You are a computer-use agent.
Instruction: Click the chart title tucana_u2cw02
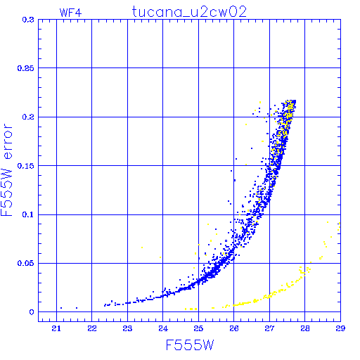coord(189,12)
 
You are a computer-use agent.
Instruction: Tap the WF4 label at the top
coord(71,13)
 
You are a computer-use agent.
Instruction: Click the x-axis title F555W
coord(190,345)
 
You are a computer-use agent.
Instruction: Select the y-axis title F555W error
coord(6,170)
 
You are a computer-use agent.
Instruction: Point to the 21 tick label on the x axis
coord(56,329)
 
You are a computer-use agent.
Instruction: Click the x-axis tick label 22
coord(92,329)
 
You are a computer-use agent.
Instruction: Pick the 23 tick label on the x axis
coord(127,329)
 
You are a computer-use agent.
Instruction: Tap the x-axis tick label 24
coord(163,329)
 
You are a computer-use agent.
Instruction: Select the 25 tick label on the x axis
coord(198,329)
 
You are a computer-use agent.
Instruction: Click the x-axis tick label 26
coord(234,329)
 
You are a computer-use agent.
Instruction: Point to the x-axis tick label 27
coord(269,329)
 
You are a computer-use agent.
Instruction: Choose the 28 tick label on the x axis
coord(305,329)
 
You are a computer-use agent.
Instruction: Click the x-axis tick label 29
coord(340,329)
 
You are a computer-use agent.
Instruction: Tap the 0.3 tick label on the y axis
coord(28,20)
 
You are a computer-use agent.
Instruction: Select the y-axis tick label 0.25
coord(26,68)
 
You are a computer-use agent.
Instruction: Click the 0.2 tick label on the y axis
coord(28,117)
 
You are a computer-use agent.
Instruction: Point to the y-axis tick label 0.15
coord(26,166)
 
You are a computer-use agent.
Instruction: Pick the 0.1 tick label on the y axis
coord(28,214)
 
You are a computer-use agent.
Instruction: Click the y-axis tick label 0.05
coord(26,263)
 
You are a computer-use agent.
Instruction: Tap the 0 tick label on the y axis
coord(32,312)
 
